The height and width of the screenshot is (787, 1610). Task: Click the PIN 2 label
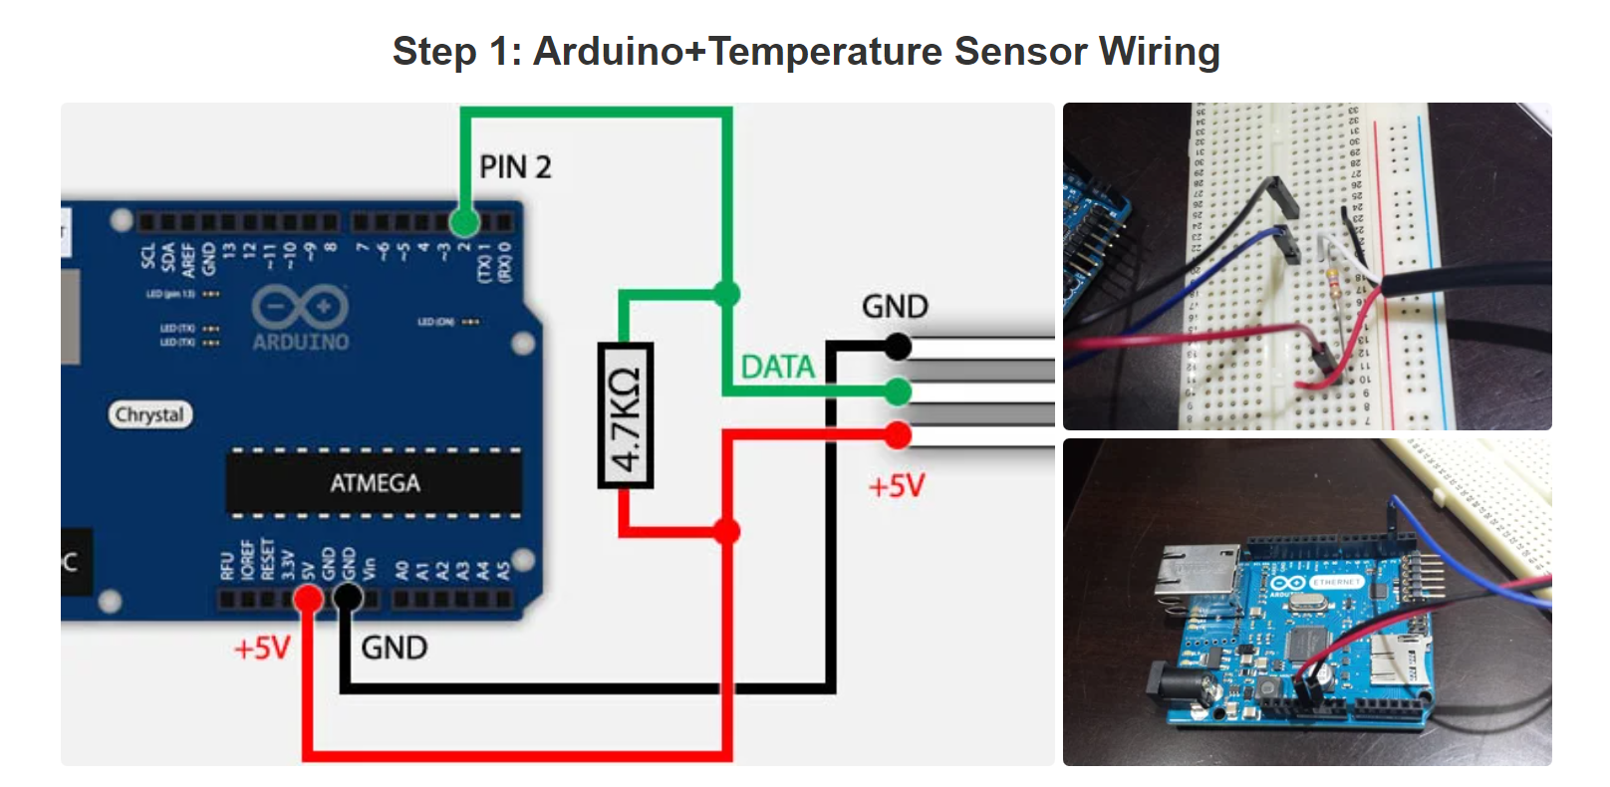click(515, 166)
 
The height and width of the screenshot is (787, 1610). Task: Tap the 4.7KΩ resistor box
click(626, 415)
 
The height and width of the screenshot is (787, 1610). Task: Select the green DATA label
click(777, 368)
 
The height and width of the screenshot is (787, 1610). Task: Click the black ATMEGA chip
click(375, 483)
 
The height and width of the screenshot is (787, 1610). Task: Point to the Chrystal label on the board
click(149, 414)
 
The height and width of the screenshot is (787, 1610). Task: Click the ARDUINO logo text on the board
click(301, 342)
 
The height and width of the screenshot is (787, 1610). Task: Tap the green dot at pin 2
click(464, 221)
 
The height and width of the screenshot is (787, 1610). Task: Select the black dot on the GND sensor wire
click(898, 347)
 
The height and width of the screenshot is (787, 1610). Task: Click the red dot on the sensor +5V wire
click(898, 435)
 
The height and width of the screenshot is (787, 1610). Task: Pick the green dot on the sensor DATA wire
click(898, 392)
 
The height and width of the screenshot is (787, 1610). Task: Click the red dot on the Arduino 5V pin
click(309, 598)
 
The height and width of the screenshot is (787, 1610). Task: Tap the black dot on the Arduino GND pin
click(347, 598)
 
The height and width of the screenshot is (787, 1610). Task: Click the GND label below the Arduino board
click(395, 649)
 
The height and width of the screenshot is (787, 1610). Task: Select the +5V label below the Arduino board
click(262, 649)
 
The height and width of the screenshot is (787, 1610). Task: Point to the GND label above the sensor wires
click(895, 307)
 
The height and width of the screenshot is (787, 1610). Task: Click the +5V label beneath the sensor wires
click(897, 486)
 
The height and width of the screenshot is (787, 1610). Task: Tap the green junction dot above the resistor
click(727, 294)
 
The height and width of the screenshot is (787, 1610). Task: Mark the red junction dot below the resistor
click(727, 531)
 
